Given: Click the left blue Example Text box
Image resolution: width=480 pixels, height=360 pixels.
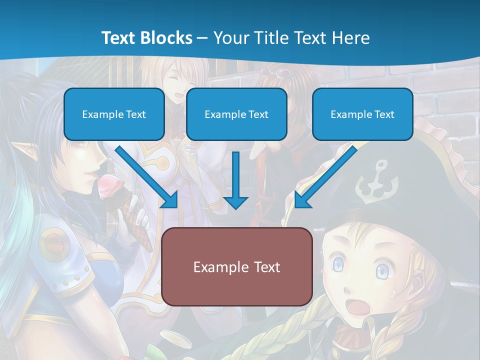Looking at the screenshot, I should coord(114,114).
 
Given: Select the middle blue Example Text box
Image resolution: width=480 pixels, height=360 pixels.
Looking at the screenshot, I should coord(236,114).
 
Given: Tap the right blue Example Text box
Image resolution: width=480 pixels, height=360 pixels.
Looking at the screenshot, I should coord(362,114).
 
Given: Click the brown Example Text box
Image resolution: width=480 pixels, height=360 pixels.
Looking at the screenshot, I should coord(236,266).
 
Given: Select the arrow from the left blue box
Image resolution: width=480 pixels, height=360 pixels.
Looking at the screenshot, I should coord(147,177).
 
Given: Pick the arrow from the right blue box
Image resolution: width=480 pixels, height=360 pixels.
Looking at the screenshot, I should coord(325,177).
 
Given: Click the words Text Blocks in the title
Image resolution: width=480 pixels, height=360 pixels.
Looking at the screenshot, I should coord(146,38).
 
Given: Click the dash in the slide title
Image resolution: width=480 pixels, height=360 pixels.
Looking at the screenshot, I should coord(202,38).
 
